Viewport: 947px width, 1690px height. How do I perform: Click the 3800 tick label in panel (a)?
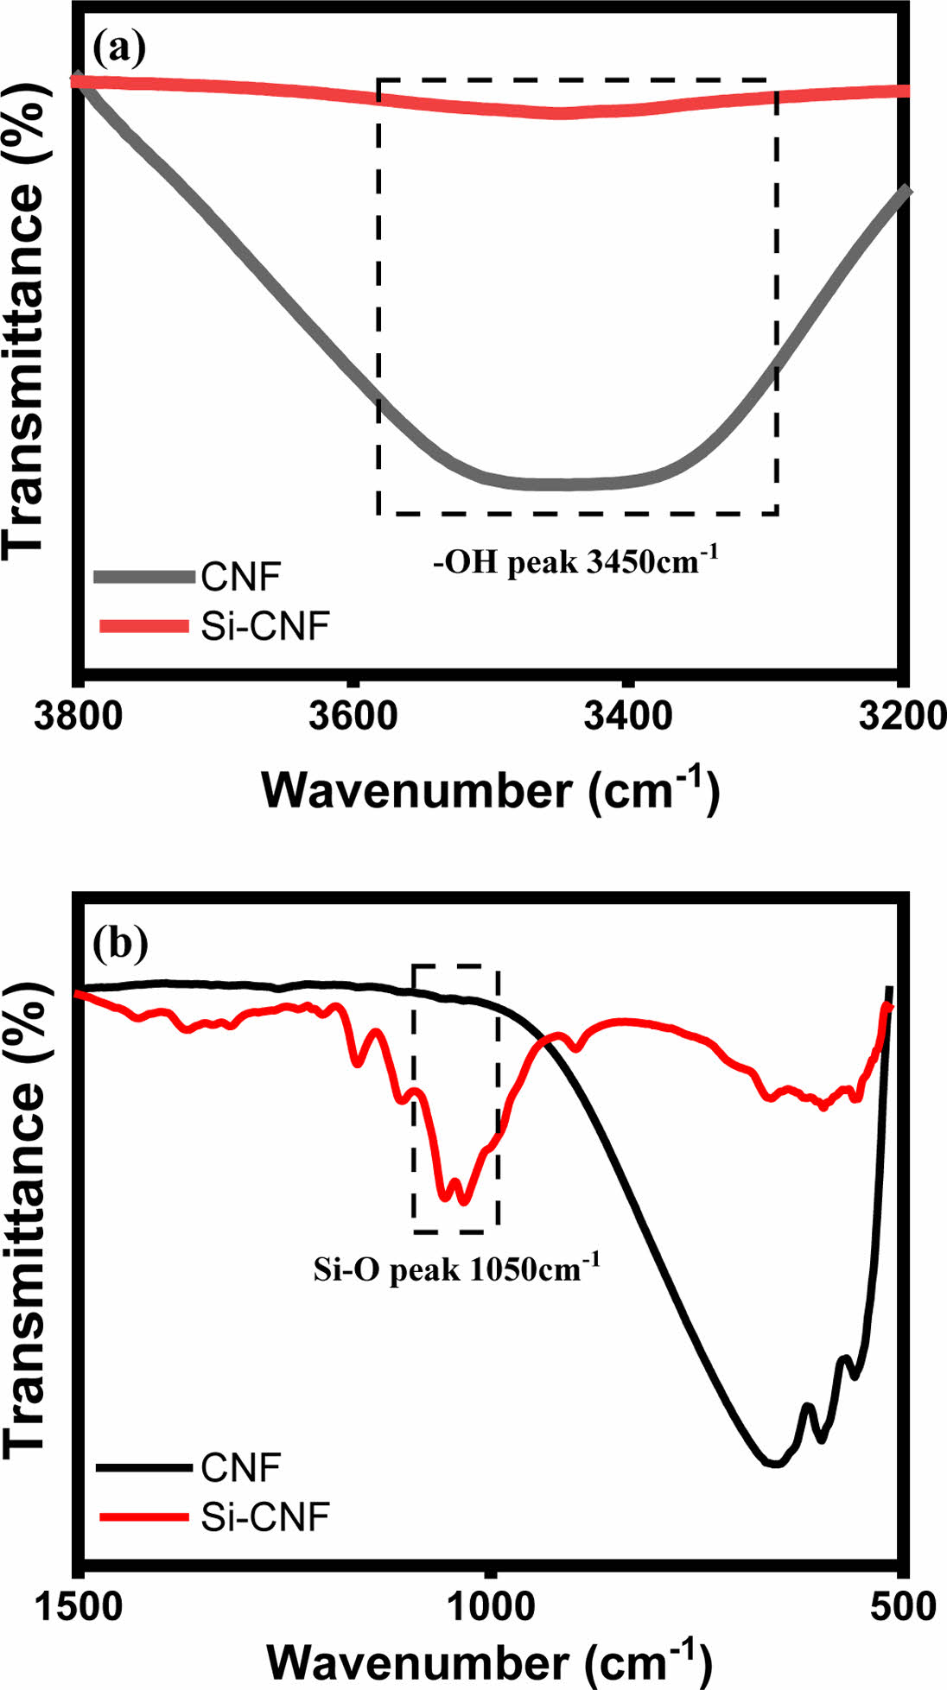pyautogui.click(x=79, y=716)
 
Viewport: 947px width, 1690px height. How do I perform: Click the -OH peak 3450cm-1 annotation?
pyautogui.click(x=576, y=562)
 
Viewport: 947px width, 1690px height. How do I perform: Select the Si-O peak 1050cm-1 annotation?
pyautogui.click(x=456, y=1270)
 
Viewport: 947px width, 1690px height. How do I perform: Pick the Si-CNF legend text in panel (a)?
pyautogui.click(x=264, y=627)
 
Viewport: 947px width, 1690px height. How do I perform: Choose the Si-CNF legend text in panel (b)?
pyautogui.click(x=264, y=1516)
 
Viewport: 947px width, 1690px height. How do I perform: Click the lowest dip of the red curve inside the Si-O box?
pyautogui.click(x=463, y=1200)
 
